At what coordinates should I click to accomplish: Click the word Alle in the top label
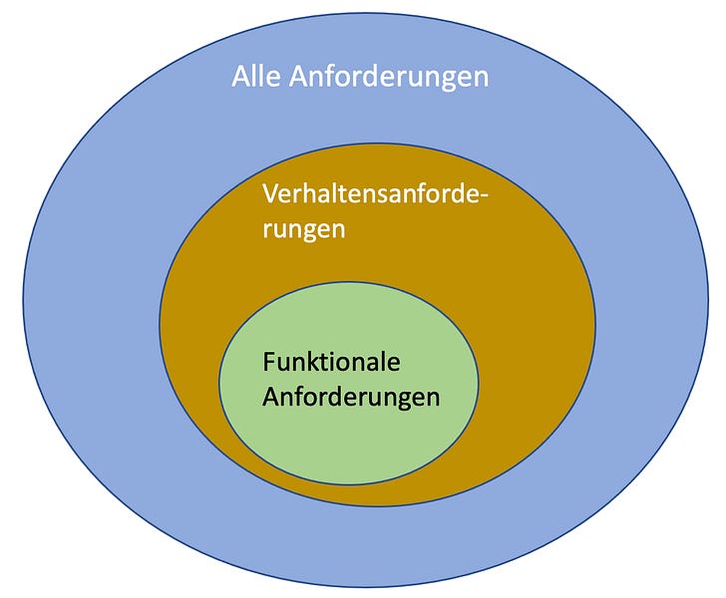[x=256, y=77]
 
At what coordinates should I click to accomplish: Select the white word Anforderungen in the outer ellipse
[x=388, y=77]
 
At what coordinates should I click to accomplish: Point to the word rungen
[x=303, y=229]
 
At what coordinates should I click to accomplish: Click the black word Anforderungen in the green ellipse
[x=351, y=396]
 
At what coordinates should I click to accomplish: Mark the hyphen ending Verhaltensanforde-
[x=487, y=197]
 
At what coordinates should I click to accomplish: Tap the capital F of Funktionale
[x=269, y=362]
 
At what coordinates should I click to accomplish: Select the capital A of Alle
[x=241, y=77]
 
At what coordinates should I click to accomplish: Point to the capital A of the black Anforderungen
[x=271, y=396]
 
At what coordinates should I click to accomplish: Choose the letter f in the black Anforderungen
[x=299, y=396]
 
